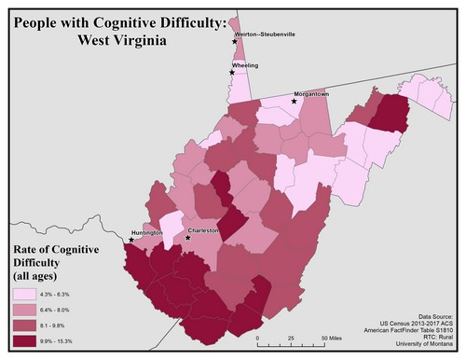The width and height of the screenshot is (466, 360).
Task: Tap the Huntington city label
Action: [x=147, y=232]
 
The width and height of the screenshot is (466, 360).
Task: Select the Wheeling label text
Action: [x=246, y=66]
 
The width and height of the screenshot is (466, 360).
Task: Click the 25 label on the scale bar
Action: [x=292, y=337]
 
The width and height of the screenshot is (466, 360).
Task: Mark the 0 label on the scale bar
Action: [x=258, y=337]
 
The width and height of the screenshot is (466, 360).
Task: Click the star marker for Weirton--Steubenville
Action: [x=234, y=41]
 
